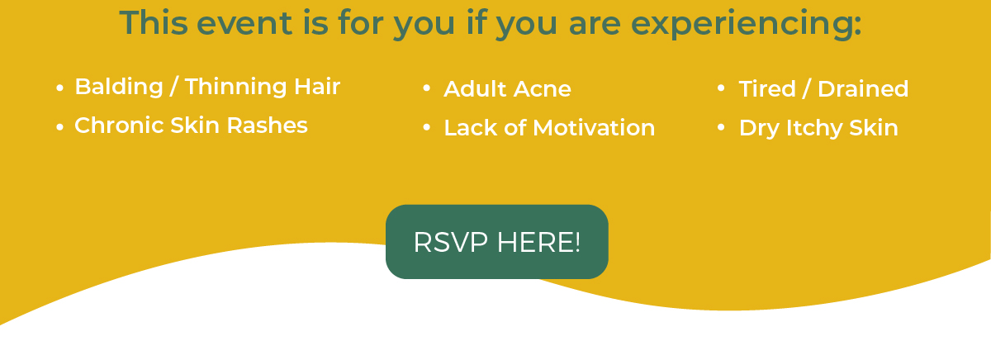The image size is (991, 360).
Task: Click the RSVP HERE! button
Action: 497,241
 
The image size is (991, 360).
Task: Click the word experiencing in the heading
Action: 747,25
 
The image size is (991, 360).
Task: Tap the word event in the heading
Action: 244,23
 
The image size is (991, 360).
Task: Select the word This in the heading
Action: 154,22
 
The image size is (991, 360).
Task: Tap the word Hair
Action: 317,86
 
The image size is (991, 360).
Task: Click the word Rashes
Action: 268,126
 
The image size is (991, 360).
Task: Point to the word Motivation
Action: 594,128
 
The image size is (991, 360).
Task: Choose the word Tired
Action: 767,88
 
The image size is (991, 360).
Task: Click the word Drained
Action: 863,88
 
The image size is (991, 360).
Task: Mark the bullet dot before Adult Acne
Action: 426,88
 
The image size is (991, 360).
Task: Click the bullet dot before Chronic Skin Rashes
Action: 59,127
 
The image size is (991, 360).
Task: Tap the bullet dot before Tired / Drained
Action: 721,88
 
